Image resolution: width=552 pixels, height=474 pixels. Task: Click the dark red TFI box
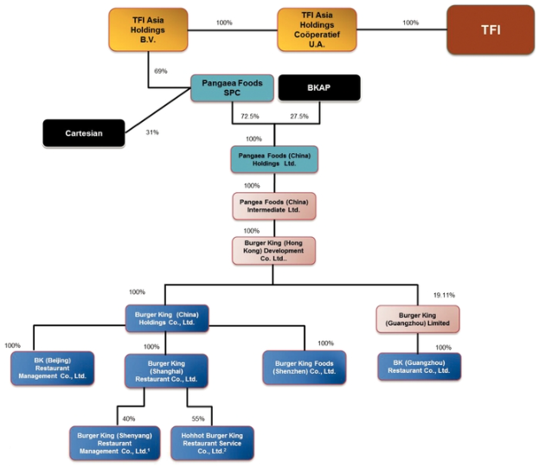pyautogui.click(x=490, y=29)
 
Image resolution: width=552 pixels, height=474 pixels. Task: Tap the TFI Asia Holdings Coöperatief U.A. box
pyautogui.click(x=317, y=29)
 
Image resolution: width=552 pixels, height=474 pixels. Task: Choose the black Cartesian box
pyautogui.click(x=83, y=133)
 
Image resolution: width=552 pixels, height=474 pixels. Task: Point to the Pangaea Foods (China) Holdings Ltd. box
pyautogui.click(x=273, y=159)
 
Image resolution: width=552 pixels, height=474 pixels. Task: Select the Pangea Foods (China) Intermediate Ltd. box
pyautogui.click(x=273, y=206)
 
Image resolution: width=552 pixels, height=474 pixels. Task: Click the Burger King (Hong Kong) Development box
pyautogui.click(x=273, y=251)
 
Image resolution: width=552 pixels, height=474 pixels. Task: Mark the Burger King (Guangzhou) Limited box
pyautogui.click(x=417, y=318)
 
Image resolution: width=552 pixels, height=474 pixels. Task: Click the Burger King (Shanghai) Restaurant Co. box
pyautogui.click(x=166, y=370)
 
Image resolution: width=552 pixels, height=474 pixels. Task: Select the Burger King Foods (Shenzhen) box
pyautogui.click(x=304, y=368)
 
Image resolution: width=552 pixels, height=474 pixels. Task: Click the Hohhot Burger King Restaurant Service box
pyautogui.click(x=212, y=441)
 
